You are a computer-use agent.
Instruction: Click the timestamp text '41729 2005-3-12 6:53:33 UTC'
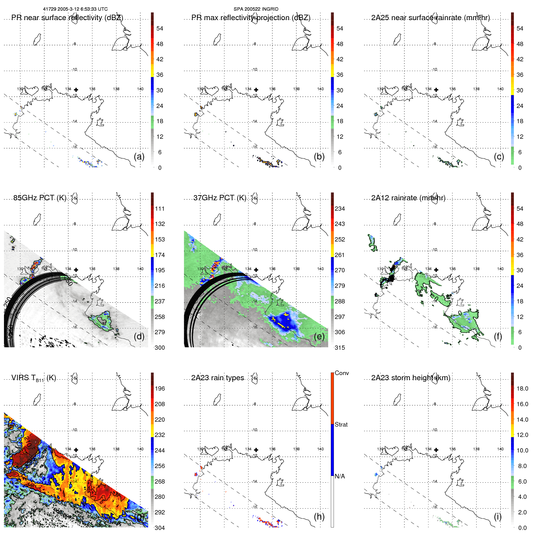[75, 9]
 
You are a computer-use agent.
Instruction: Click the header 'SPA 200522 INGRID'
[256, 9]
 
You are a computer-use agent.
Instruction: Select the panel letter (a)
[139, 156]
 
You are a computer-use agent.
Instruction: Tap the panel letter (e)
[319, 336]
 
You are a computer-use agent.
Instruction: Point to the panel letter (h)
[319, 516]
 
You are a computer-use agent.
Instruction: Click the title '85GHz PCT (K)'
[40, 198]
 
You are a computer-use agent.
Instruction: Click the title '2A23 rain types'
[217, 378]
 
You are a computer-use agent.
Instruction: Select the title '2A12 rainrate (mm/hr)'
[408, 198]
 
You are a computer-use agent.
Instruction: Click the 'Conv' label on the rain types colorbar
[342, 373]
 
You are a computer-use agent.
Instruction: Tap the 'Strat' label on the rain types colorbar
[341, 424]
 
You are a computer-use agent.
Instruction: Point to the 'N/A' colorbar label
[340, 476]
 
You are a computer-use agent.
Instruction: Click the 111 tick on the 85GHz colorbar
[160, 209]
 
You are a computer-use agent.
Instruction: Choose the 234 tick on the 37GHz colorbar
[340, 209]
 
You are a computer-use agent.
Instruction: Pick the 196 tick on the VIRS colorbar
[160, 388]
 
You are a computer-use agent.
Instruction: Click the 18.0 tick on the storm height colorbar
[522, 388]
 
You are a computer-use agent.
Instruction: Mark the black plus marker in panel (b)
[256, 90]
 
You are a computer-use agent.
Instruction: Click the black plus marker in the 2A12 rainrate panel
[436, 270]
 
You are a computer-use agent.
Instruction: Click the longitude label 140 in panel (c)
[500, 89]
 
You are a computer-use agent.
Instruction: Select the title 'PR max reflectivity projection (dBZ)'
[251, 18]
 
